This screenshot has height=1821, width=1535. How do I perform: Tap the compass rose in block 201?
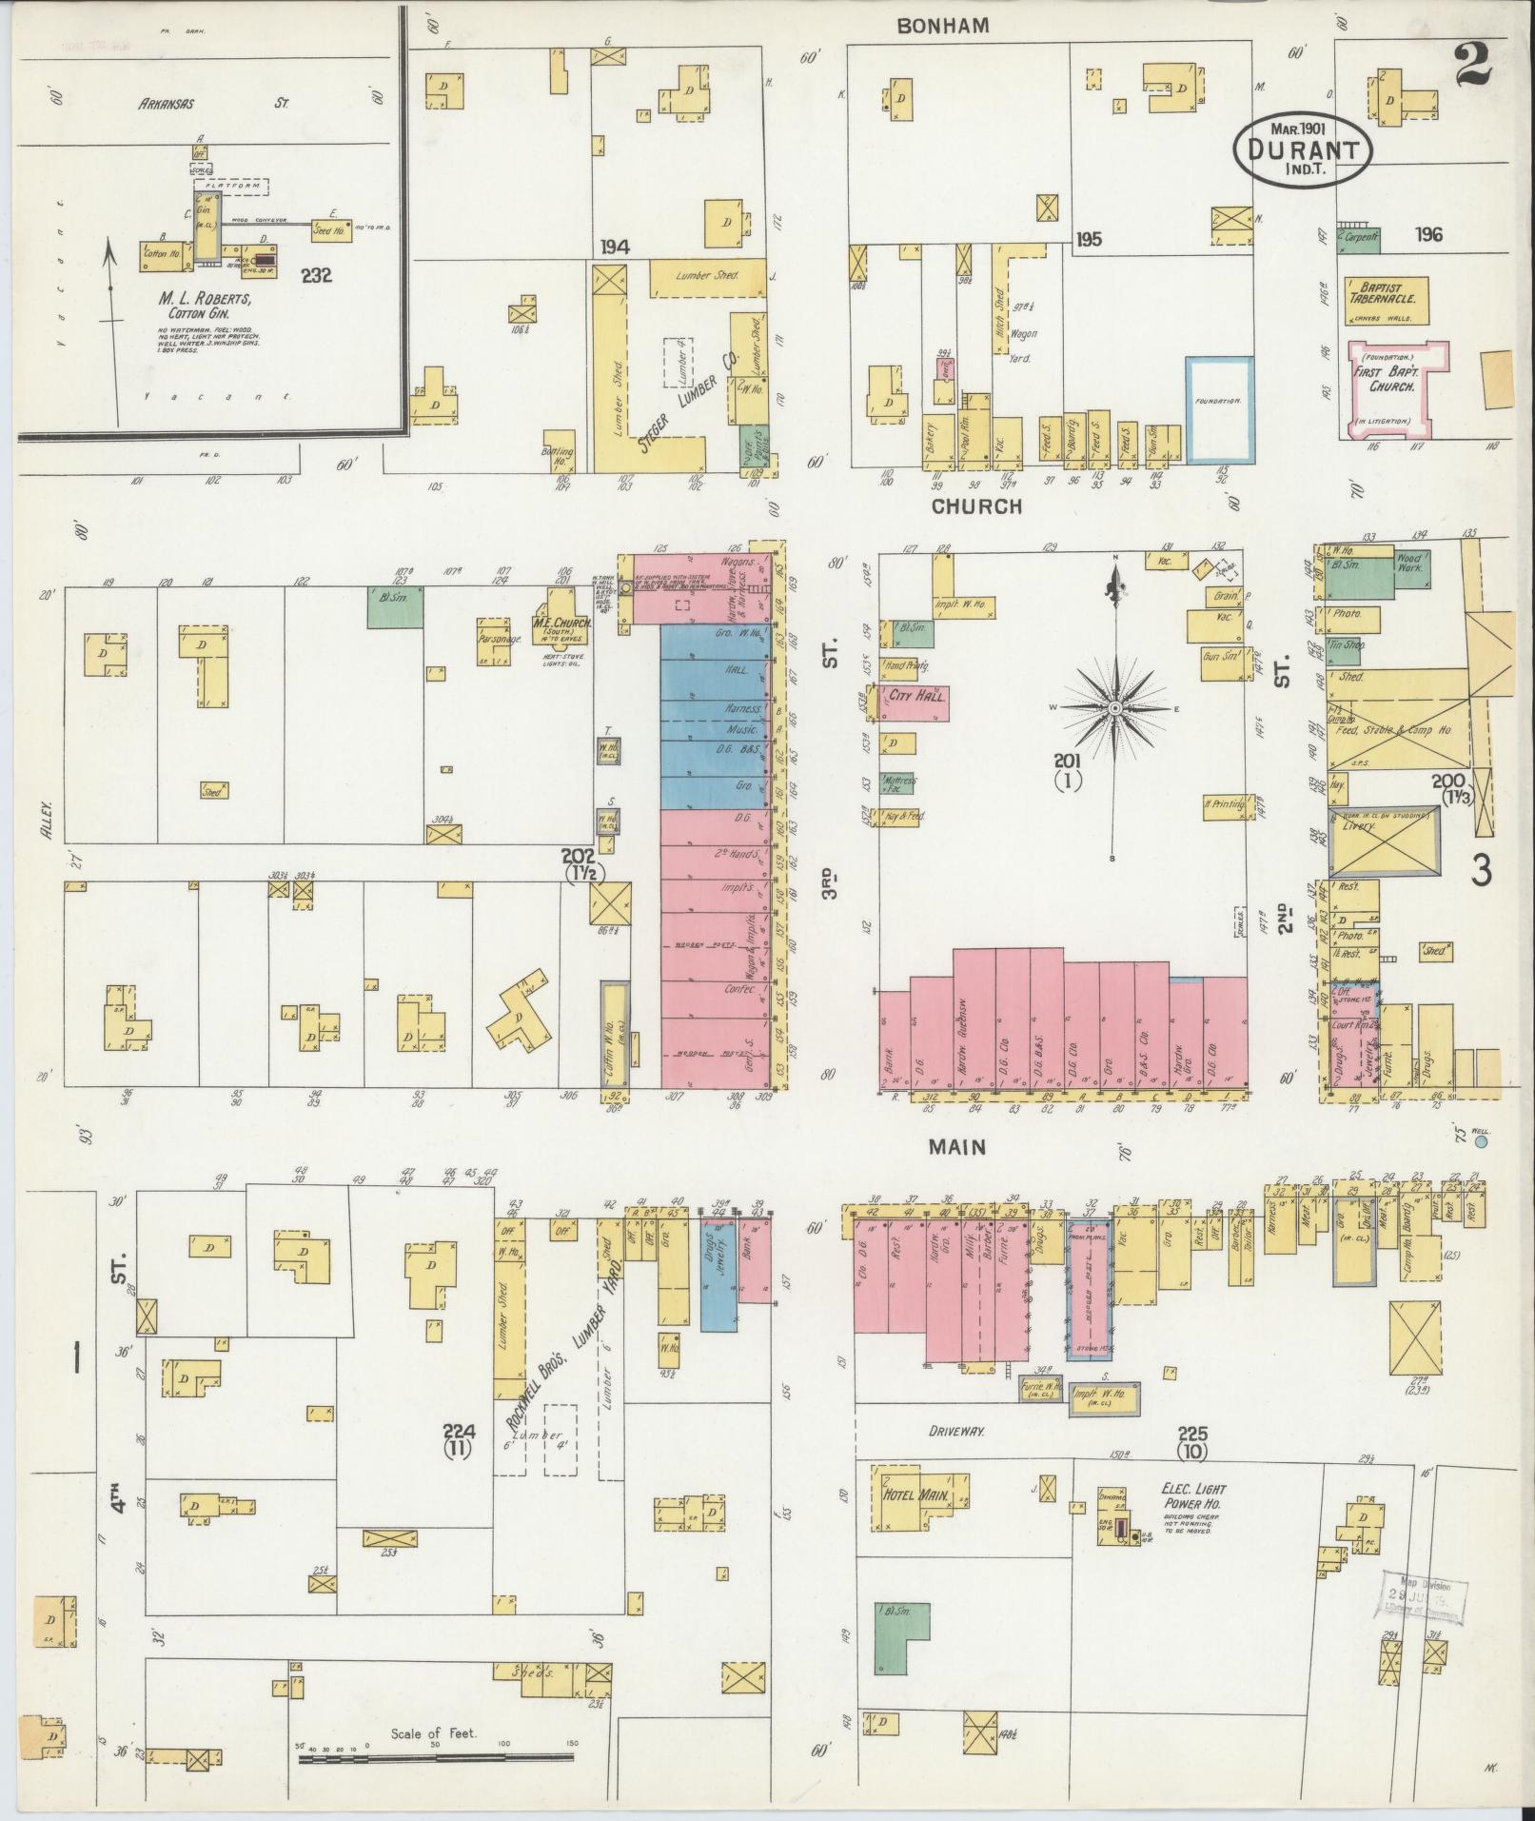pos(1114,708)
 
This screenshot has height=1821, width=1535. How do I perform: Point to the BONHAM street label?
pos(943,27)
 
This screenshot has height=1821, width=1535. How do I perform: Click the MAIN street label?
pos(957,1147)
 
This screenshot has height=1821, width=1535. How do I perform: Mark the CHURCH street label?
pos(976,506)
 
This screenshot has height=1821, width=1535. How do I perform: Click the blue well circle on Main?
pos(1481,1139)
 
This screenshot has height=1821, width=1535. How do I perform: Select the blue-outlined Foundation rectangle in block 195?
pos(1219,410)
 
